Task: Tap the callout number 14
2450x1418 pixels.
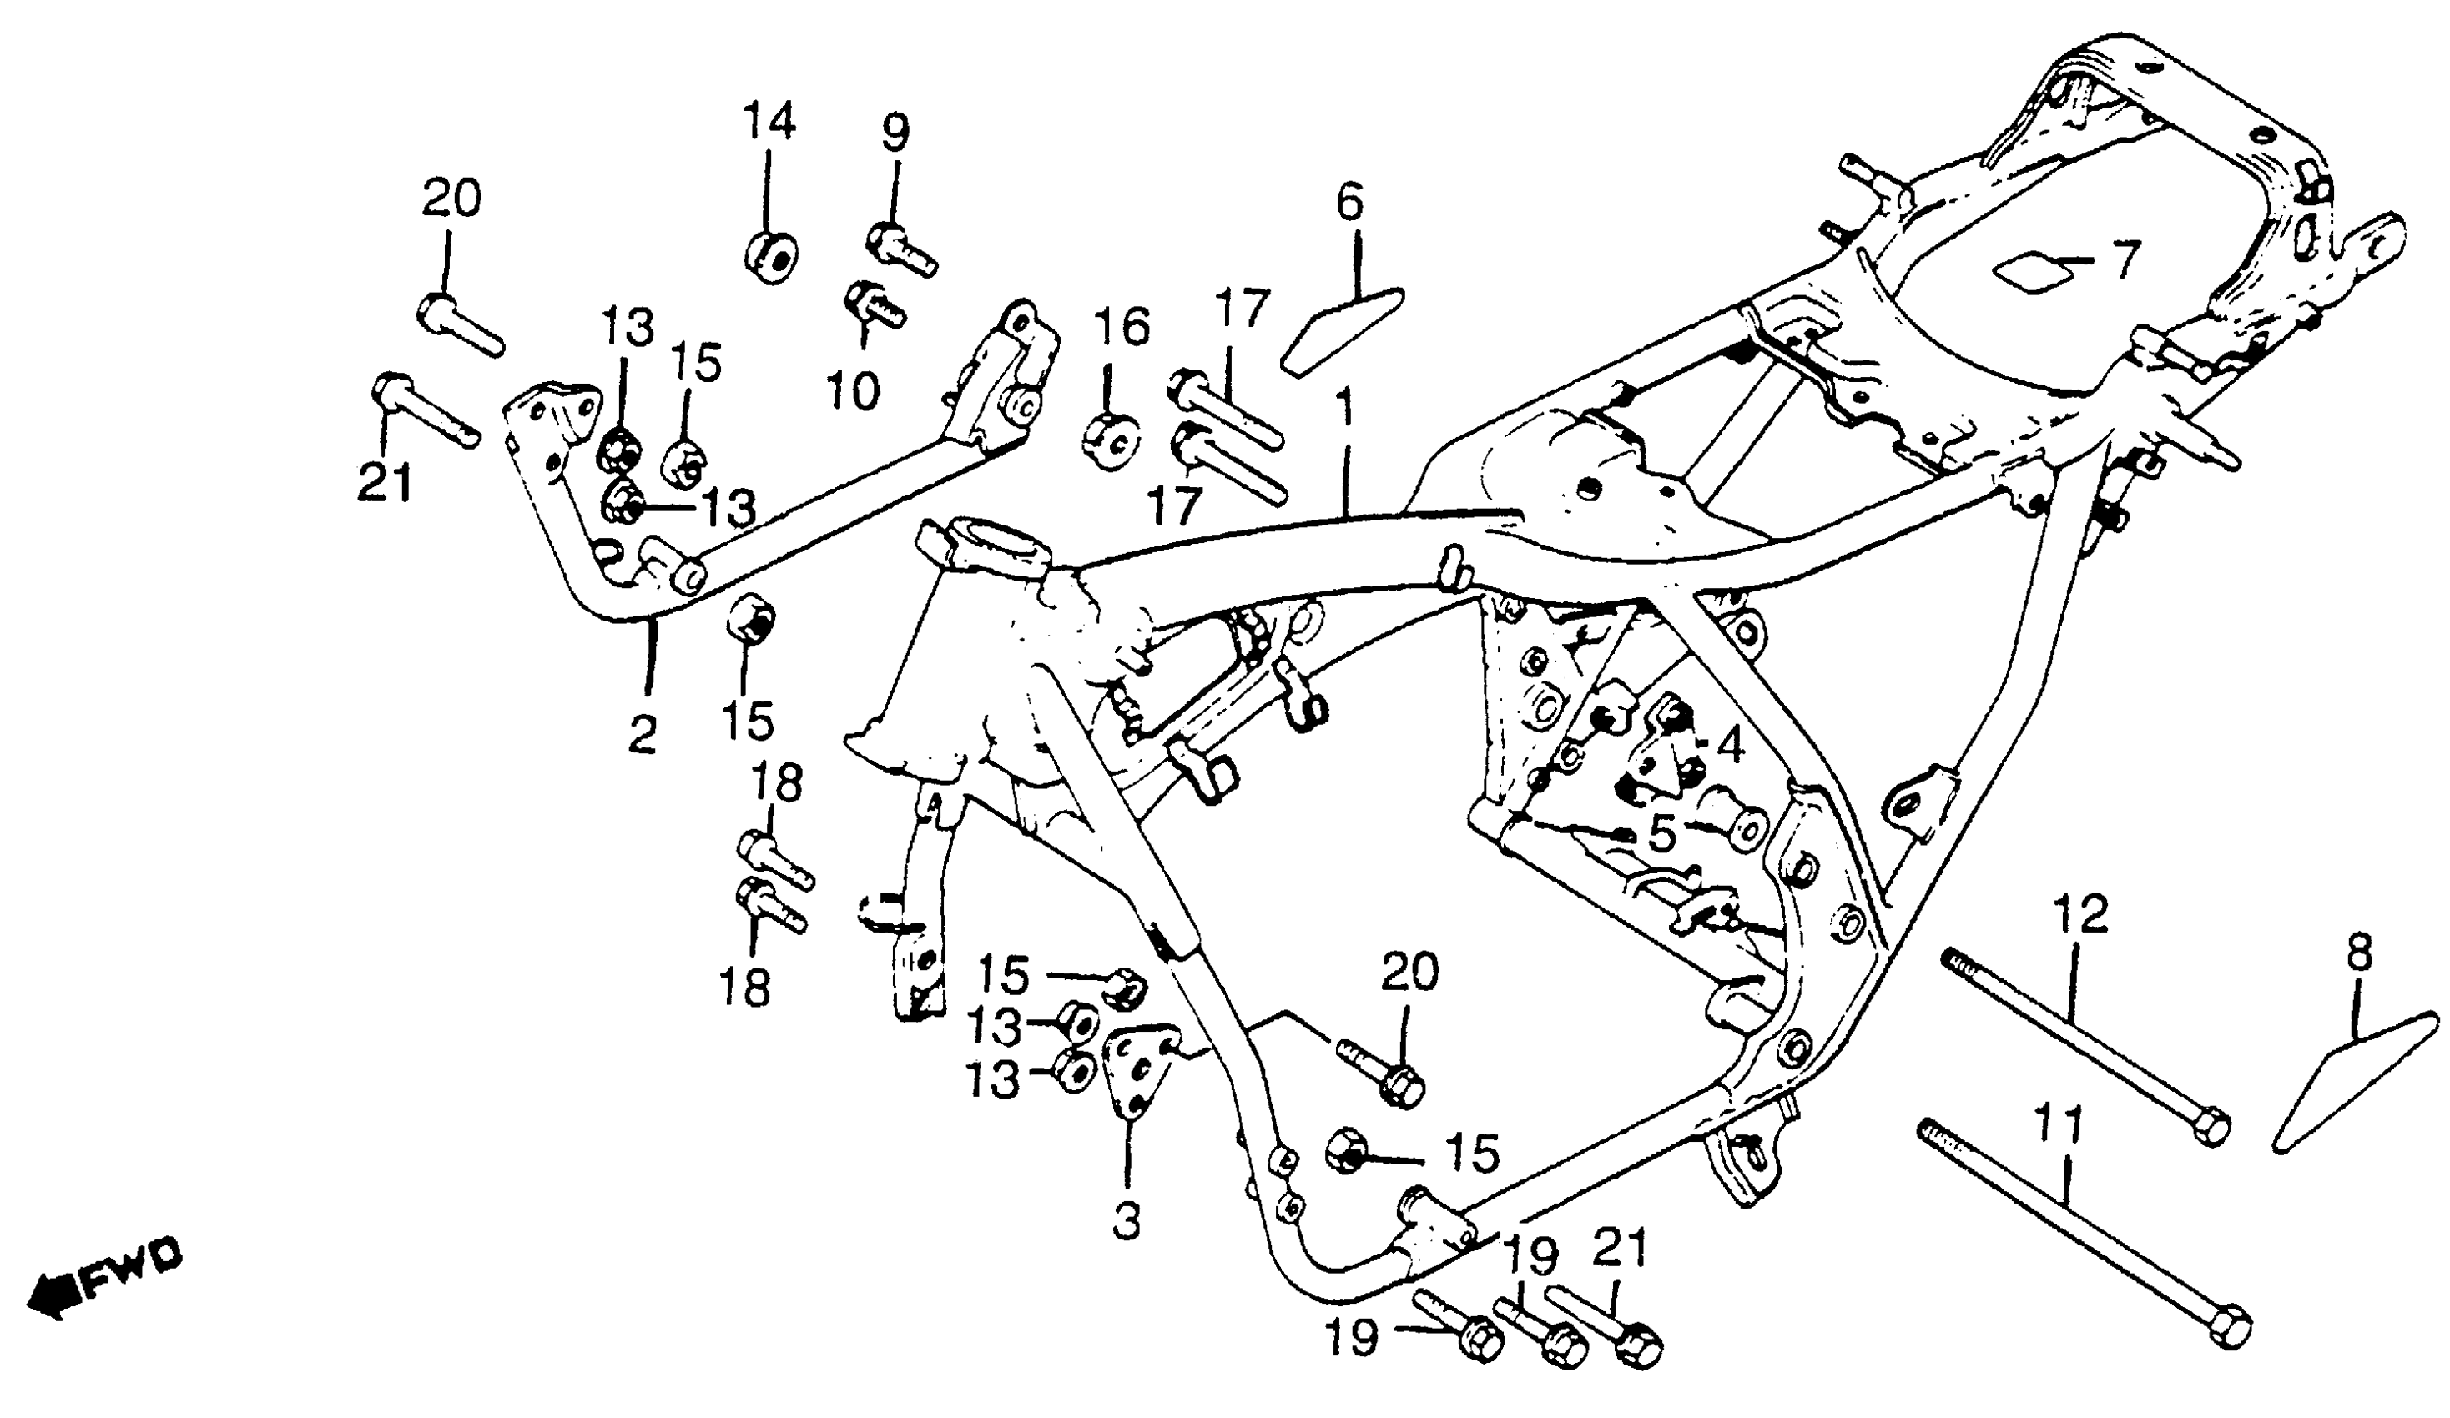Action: [769, 122]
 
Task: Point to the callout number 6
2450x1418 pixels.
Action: [1349, 201]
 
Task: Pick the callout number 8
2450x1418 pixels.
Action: [2358, 954]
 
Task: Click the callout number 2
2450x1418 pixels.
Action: [642, 734]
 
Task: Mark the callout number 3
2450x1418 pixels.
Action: [1127, 1220]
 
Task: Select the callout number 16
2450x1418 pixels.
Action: [1122, 328]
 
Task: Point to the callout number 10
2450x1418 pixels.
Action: [853, 390]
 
